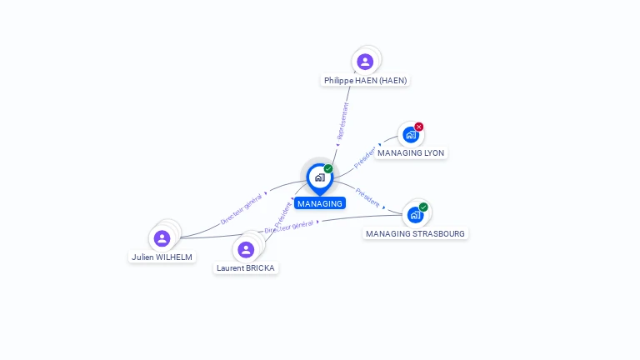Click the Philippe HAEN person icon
(365, 61)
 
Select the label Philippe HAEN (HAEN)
(366, 81)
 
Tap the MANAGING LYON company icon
(410, 135)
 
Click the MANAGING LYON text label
(411, 153)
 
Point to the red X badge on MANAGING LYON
(419, 127)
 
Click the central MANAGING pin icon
(319, 177)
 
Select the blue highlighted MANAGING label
(320, 203)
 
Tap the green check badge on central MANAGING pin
(328, 168)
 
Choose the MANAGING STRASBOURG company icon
(415, 215)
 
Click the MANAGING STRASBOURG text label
(415, 233)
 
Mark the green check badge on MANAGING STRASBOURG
(423, 207)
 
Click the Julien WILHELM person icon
(162, 238)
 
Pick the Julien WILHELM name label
(162, 257)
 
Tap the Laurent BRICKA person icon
(246, 249)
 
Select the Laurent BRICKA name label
(246, 267)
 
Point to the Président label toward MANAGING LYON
(365, 157)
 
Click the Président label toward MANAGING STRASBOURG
(367, 197)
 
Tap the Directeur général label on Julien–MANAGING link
(242, 208)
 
